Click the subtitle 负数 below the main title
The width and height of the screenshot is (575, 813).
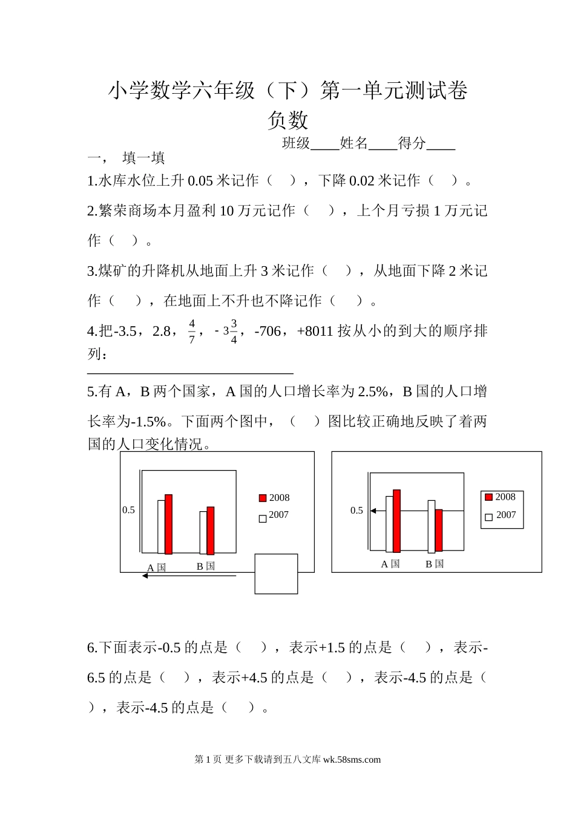[x=287, y=120]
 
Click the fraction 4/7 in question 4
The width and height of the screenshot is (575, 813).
[x=192, y=331]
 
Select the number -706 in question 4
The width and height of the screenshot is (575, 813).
[x=268, y=331]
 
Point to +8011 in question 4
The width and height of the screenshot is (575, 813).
[x=315, y=331]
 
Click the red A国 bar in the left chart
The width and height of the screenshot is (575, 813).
[x=168, y=524]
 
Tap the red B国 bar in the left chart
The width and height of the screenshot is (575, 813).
[x=211, y=531]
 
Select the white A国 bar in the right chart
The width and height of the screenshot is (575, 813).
[x=390, y=524]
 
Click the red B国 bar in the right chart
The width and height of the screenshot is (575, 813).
[x=439, y=530]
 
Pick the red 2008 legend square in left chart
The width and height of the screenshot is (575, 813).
[x=263, y=498]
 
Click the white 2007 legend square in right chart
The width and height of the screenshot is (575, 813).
[x=488, y=517]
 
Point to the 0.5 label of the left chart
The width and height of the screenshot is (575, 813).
[x=128, y=510]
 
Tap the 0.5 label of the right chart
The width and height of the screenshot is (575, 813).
[x=356, y=511]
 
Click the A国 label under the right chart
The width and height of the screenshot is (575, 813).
[x=390, y=564]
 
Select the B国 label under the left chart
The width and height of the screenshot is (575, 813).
[x=206, y=566]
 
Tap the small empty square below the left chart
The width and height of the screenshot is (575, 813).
[x=276, y=573]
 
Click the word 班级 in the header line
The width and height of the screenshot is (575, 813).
[x=296, y=143]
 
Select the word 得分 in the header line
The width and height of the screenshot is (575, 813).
[x=412, y=143]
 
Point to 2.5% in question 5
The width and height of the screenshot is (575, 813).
[x=372, y=391]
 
